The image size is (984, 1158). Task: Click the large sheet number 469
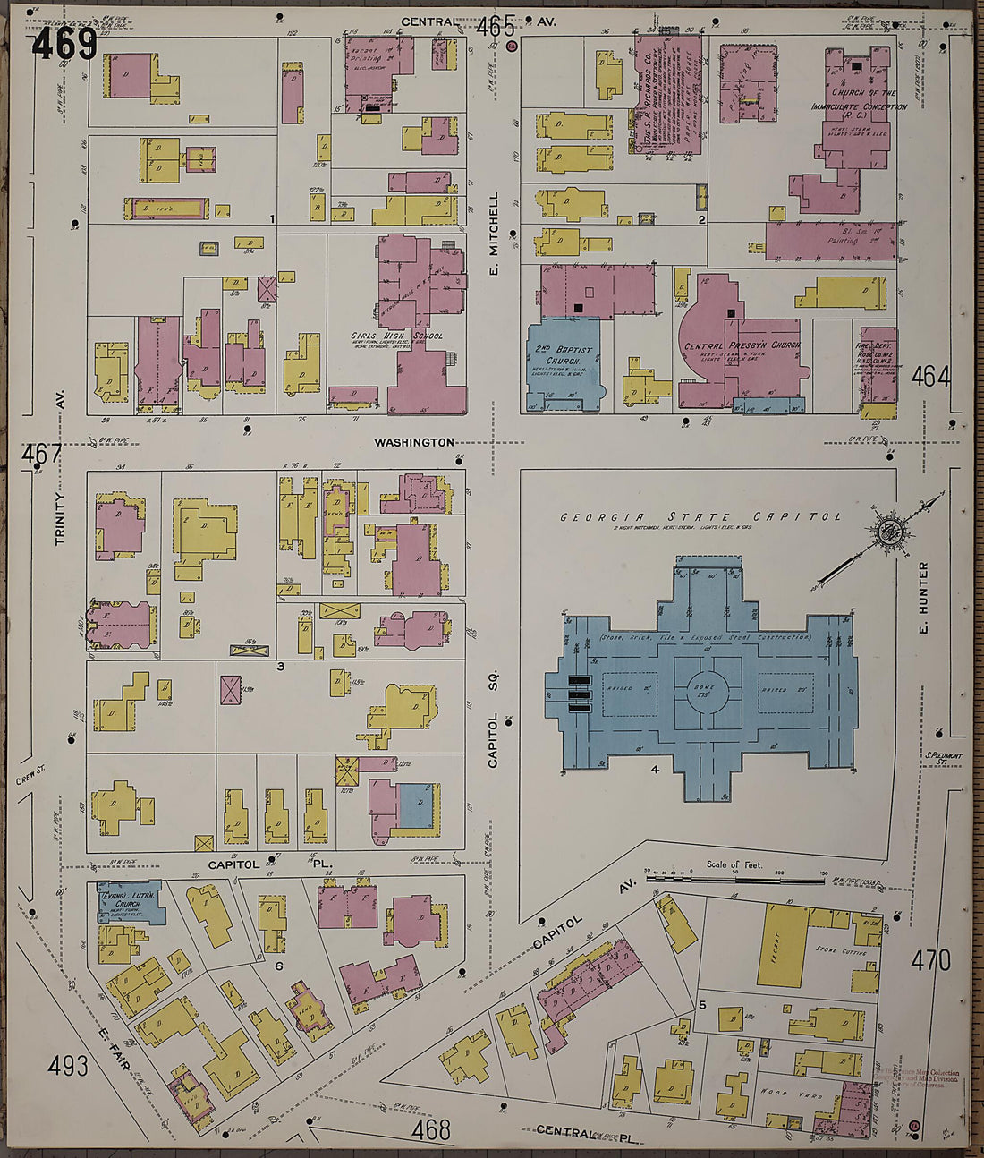click(64, 43)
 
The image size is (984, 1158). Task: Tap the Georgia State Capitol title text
click(700, 517)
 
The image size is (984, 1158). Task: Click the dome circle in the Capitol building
click(708, 689)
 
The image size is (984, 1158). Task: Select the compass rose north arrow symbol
click(890, 532)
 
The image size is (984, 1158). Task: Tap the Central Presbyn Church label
click(742, 345)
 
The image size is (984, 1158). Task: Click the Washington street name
click(414, 442)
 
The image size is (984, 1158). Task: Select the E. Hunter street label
click(923, 588)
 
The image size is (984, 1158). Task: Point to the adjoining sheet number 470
click(930, 961)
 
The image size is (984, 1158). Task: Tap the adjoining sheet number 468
click(431, 1129)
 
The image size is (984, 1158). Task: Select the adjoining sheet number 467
click(41, 455)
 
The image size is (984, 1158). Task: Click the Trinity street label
click(60, 519)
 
